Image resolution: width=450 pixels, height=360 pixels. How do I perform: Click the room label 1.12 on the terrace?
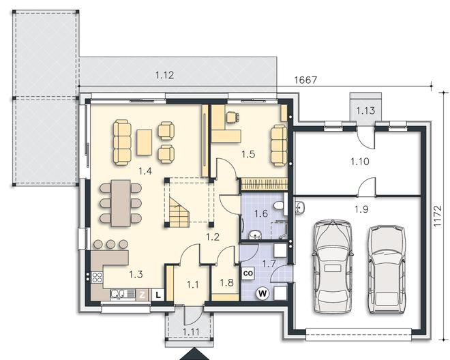[x=165, y=75]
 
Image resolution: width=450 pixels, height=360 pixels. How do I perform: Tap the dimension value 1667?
[x=306, y=80]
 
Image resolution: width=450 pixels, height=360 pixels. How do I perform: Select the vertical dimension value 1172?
[x=437, y=216]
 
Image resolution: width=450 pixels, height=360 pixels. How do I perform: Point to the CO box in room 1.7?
[x=248, y=273]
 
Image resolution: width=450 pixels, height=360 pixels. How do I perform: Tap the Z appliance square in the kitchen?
[x=142, y=295]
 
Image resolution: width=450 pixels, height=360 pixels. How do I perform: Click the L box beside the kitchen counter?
[x=158, y=295]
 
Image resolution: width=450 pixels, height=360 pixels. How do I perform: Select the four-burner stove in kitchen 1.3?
[x=97, y=277]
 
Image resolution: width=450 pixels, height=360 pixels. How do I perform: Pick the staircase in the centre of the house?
[x=179, y=211]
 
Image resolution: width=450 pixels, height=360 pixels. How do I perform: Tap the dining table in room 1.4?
[x=121, y=203]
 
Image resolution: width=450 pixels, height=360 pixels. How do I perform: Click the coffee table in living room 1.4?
[x=145, y=142]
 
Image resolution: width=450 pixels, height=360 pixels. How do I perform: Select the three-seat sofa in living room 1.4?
[x=122, y=142]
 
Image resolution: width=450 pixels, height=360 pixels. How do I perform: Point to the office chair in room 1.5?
[x=232, y=117]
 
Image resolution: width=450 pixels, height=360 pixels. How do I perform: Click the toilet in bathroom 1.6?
[x=279, y=205]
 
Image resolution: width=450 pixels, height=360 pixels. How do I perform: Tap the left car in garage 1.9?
[x=333, y=267]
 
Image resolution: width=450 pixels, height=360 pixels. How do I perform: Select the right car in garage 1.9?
[x=387, y=269]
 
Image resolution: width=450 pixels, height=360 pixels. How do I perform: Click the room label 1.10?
[x=360, y=162]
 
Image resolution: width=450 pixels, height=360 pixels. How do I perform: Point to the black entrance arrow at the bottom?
[x=194, y=354]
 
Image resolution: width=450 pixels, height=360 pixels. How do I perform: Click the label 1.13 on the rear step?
[x=365, y=110]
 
